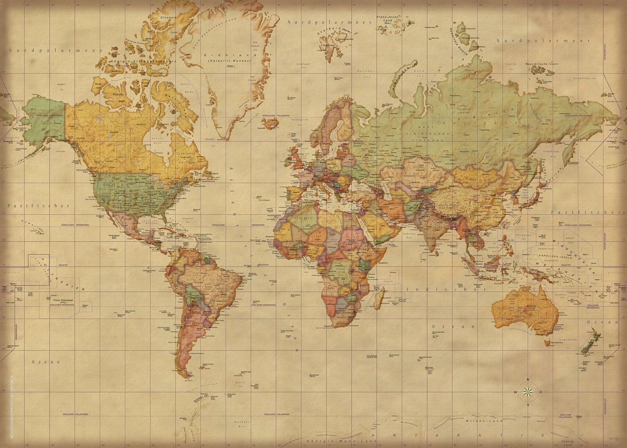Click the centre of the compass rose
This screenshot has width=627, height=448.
[x=528, y=392]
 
